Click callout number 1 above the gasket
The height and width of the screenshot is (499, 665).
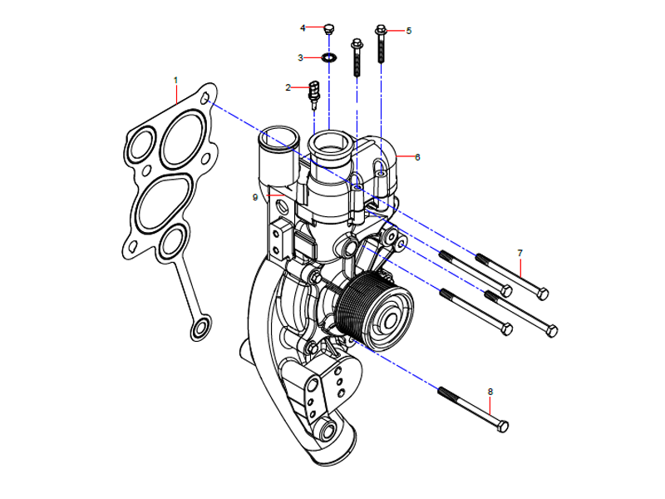click(x=175, y=79)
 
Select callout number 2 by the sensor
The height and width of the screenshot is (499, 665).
click(x=288, y=87)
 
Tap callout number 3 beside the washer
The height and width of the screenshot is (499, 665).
click(x=301, y=58)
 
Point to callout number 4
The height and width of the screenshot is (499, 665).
click(x=303, y=28)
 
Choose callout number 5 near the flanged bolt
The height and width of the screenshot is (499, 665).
click(x=408, y=31)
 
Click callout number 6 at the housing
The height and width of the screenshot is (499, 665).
click(x=417, y=156)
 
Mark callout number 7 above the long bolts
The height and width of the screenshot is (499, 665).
click(x=520, y=252)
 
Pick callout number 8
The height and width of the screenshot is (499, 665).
click(x=490, y=391)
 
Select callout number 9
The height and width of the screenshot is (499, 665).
click(x=255, y=197)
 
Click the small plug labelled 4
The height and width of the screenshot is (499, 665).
click(x=329, y=29)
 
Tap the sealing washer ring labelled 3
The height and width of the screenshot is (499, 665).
click(x=330, y=58)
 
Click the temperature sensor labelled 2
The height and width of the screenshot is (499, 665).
click(x=315, y=92)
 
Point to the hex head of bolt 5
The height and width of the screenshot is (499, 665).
click(x=382, y=31)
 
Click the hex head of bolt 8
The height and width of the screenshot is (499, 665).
click(x=502, y=426)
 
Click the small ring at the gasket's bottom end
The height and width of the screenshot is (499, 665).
click(x=199, y=332)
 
